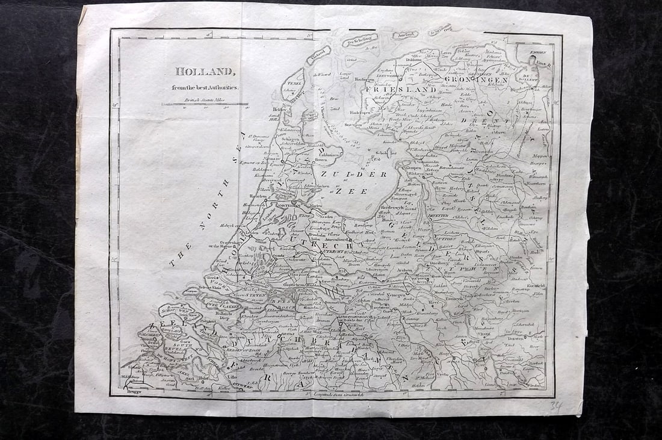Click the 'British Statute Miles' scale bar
205,104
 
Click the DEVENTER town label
439,216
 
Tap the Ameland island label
406,35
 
